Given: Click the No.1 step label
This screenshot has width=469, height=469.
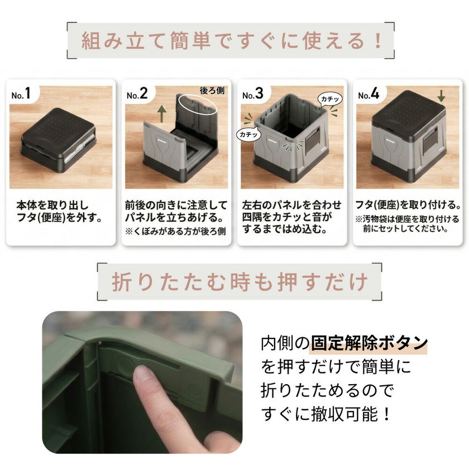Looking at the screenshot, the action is point(21,94).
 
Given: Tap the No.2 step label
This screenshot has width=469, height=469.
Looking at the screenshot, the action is point(137,94).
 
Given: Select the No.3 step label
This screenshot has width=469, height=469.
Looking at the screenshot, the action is point(253,94).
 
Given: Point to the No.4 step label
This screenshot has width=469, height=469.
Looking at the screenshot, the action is point(368,94).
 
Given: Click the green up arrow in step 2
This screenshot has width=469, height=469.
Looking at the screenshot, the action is point(161,114).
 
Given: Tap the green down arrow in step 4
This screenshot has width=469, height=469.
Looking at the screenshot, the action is point(441,95).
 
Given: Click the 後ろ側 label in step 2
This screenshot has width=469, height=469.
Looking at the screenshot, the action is point(212,90).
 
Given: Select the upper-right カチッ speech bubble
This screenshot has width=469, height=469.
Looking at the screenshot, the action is point(330,99).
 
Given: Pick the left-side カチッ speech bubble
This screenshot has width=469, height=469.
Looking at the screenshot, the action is point(248,135).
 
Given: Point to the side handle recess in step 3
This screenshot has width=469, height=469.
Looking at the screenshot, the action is point(313,139).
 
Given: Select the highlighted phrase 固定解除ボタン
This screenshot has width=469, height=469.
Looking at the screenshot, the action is point(369,343).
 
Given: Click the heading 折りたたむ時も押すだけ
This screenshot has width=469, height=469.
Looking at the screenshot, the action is point(240,281).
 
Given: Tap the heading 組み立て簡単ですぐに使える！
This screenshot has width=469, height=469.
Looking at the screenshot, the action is point(231,40).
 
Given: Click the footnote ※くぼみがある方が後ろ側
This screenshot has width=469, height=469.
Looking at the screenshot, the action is point(175,232).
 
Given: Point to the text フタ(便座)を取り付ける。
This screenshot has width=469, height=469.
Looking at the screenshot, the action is point(408,205).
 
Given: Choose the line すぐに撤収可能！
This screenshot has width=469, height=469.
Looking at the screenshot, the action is point(326,414).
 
